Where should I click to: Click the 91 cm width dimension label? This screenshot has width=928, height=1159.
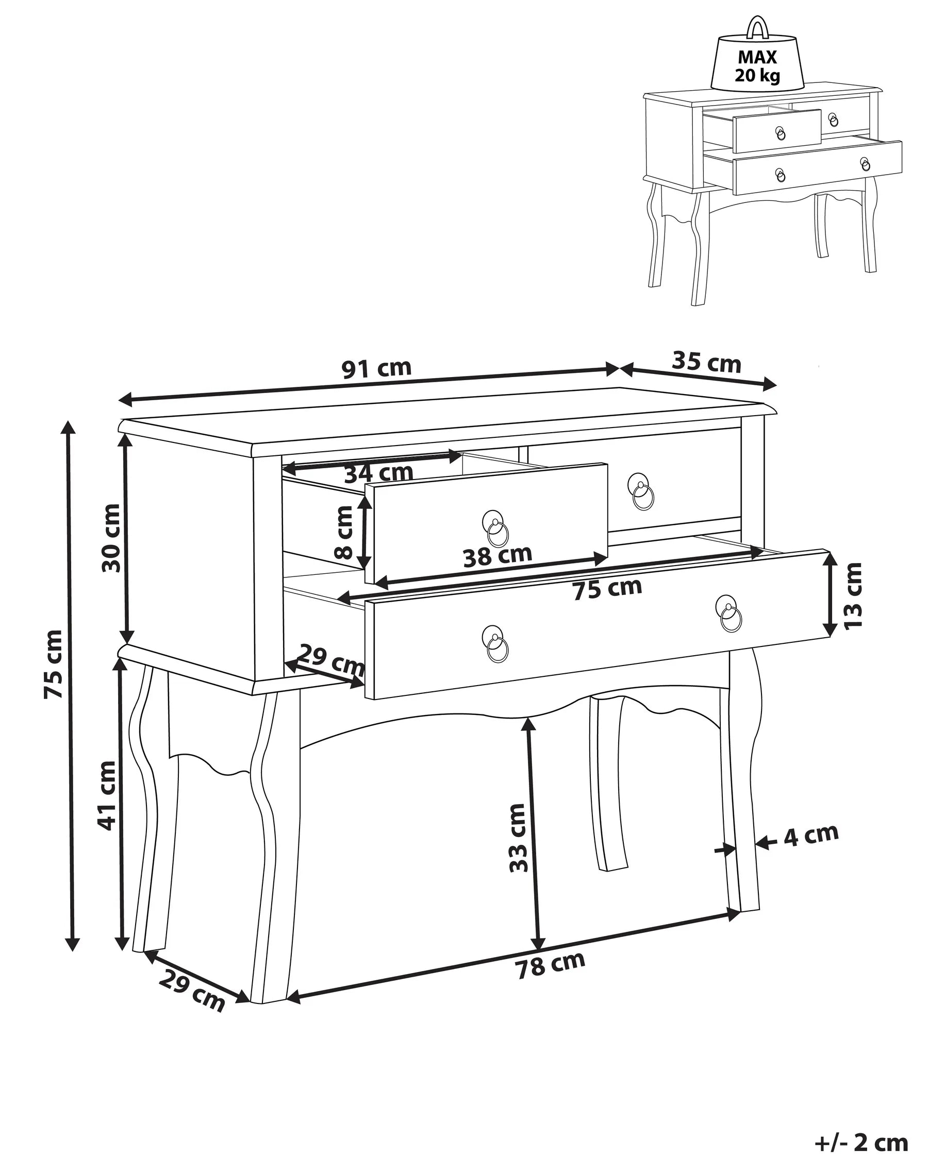coord(376,368)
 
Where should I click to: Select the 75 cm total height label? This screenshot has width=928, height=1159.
coord(53,664)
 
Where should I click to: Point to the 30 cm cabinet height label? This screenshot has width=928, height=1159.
coord(111,538)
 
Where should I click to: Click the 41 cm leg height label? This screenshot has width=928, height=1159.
coord(107,796)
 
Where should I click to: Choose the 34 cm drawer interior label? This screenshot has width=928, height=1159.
coord(378,473)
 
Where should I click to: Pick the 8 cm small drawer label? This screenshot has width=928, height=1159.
coord(343,533)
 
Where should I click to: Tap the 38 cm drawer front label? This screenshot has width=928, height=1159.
coord(497,556)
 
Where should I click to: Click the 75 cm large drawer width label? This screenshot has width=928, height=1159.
coord(607,589)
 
